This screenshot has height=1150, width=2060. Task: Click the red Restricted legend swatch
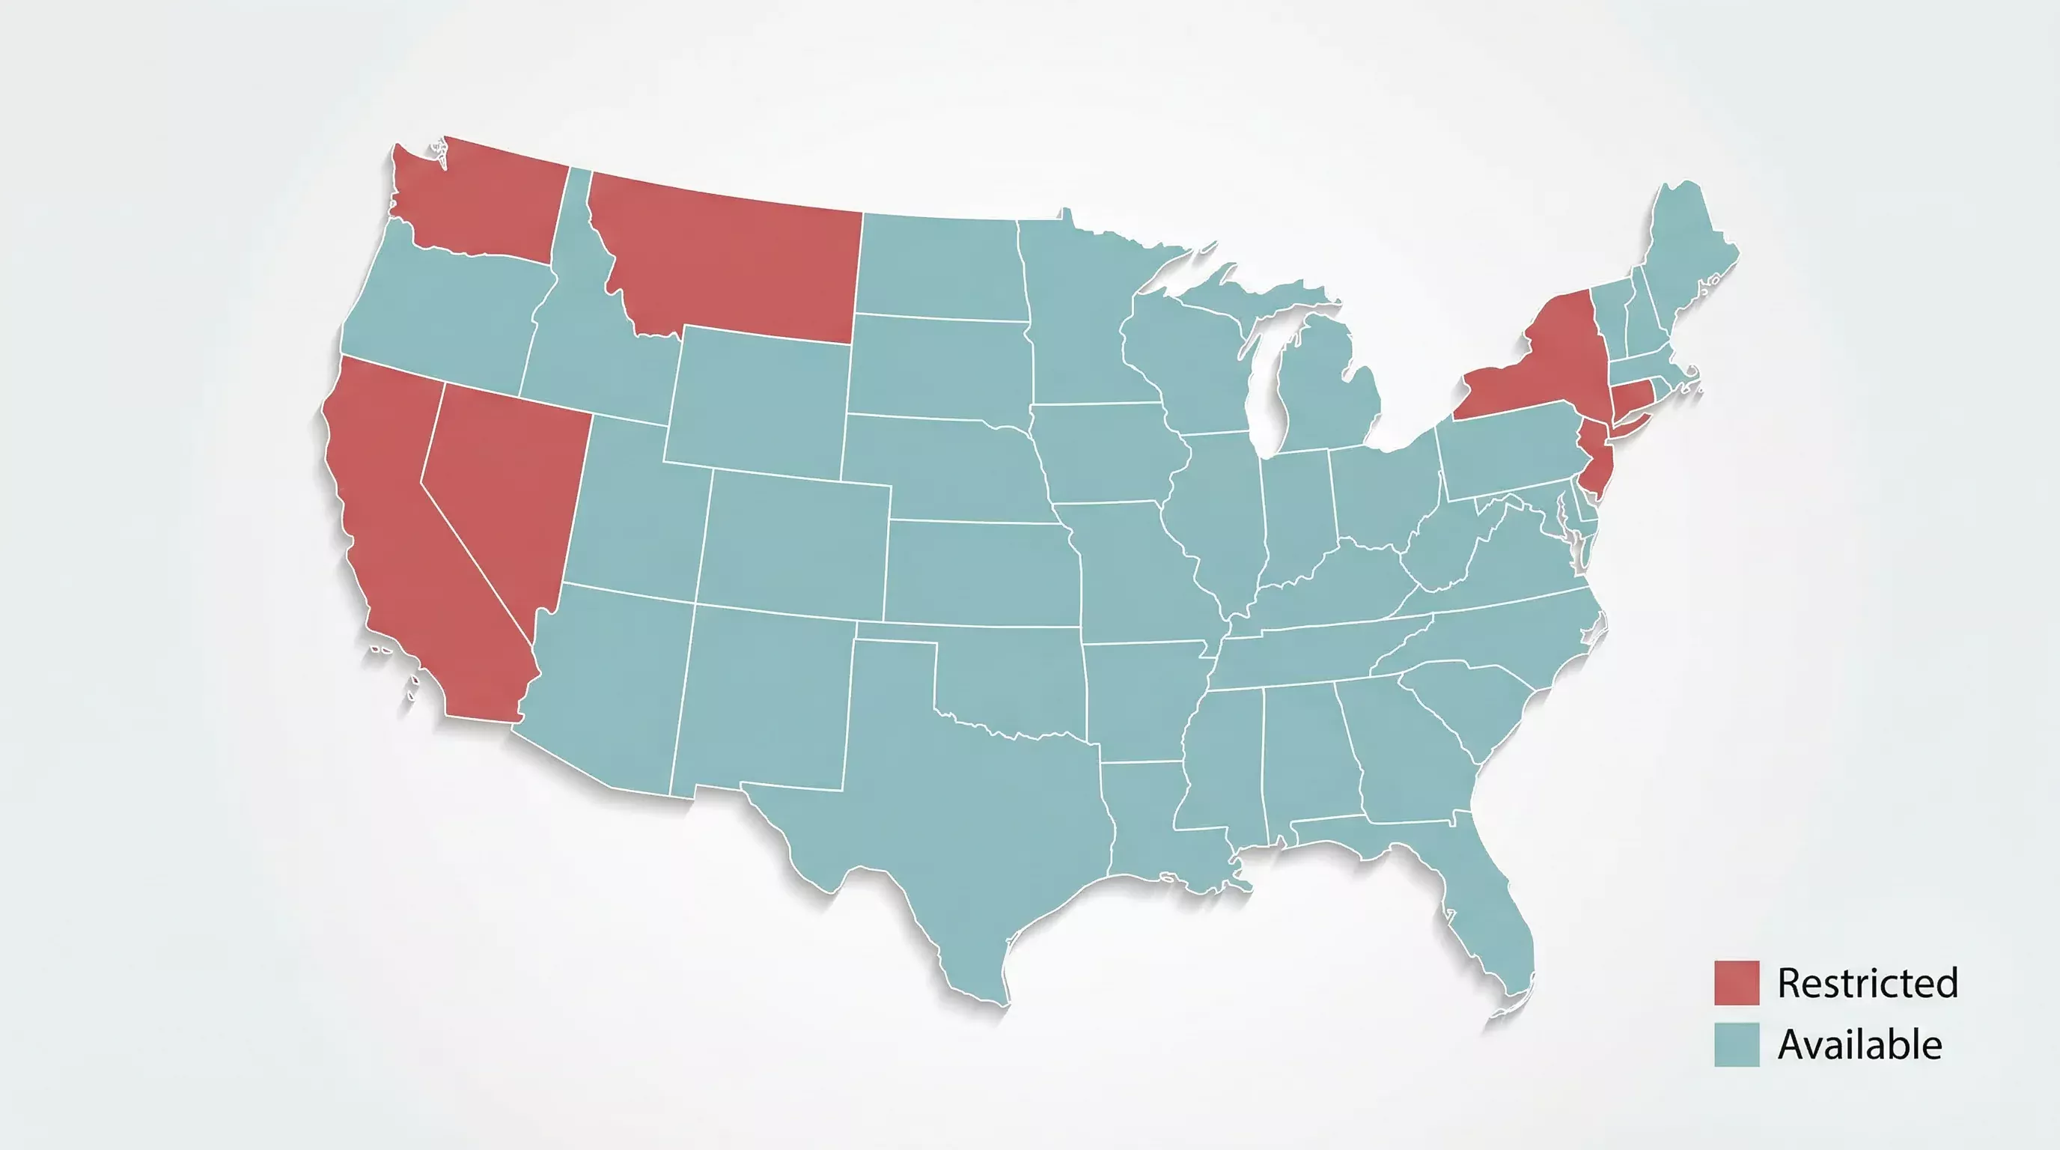1736,982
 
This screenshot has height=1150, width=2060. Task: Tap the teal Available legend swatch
1736,1044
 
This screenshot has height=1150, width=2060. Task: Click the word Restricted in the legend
1868,983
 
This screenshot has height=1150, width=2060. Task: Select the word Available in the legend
1859,1044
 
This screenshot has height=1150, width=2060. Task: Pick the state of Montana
728,256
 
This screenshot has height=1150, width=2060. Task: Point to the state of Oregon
448,312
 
